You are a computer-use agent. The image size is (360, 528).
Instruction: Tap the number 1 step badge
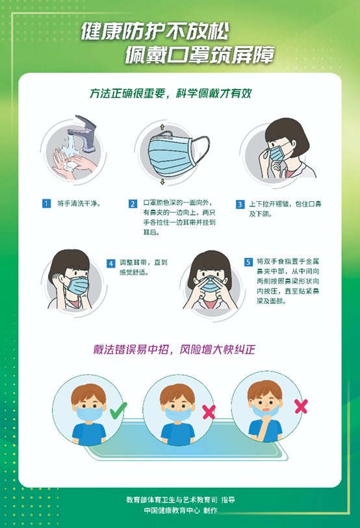click(46, 203)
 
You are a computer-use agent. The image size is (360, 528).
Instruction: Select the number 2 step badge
click(133, 204)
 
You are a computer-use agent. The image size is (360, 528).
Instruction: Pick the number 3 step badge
click(240, 204)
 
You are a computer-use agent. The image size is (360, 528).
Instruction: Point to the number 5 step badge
click(248, 262)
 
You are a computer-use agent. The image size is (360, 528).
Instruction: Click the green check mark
click(118, 410)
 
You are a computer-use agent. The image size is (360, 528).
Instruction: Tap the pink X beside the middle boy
click(209, 411)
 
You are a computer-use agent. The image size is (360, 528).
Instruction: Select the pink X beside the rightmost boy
click(301, 407)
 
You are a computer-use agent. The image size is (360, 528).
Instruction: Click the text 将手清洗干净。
click(79, 204)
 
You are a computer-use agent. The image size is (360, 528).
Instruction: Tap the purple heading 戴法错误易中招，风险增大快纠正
click(174, 349)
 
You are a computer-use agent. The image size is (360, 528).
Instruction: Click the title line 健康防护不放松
click(155, 31)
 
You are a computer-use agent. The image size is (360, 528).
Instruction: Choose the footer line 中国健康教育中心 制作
click(181, 510)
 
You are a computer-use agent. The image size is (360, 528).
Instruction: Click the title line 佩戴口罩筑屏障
click(199, 56)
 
